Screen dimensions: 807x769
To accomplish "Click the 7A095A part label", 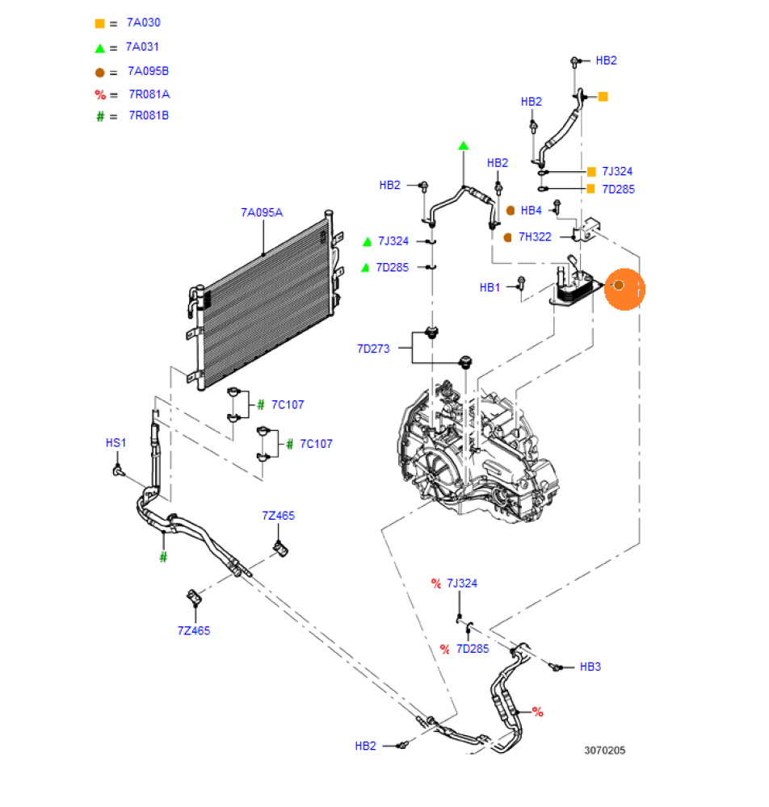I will point(261,213).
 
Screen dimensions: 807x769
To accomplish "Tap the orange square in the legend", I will point(99,23).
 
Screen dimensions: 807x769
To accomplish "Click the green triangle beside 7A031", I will point(99,48).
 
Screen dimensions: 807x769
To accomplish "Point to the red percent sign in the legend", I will point(100,95).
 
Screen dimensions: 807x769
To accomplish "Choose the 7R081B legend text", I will point(149,115).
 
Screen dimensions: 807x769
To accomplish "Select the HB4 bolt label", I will point(531,211).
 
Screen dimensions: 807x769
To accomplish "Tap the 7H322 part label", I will point(535,237).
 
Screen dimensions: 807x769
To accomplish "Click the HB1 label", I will point(490,287).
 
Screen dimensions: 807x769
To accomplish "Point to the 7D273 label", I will point(373,349).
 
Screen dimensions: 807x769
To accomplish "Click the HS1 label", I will point(116,443).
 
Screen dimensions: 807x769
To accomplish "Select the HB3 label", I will point(590,667).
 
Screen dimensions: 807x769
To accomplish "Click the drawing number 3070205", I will point(605,751).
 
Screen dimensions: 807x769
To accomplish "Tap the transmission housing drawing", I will point(477,452).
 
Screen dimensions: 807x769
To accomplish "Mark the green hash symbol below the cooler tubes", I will point(163,557).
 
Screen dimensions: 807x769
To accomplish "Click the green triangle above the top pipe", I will point(464,146).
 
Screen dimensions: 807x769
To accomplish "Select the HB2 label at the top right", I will point(606,61).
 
